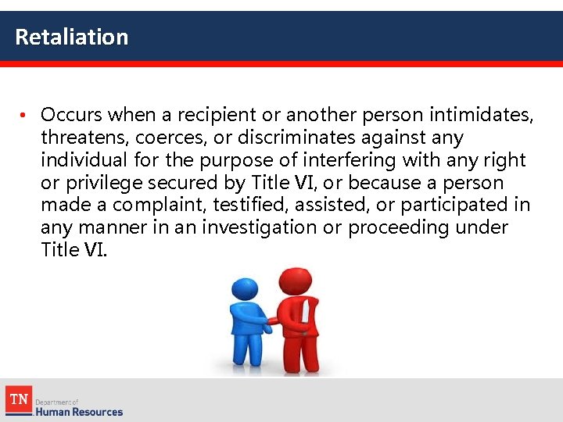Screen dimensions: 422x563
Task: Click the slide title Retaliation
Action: click(71, 37)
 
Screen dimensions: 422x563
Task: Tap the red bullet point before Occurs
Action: click(24, 116)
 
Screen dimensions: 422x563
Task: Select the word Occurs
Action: click(71, 115)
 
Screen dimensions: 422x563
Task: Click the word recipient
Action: click(217, 115)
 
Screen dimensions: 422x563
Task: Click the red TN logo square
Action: click(17, 400)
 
